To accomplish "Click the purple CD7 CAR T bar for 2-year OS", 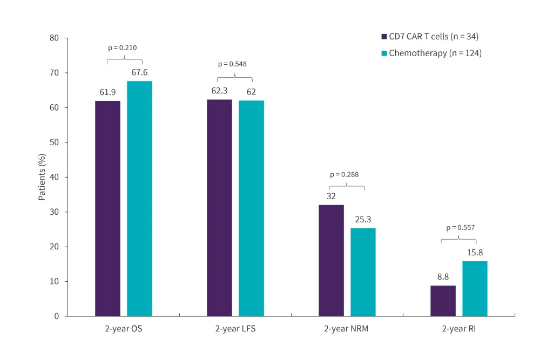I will tap(107, 208).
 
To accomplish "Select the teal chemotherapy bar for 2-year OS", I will tap(139, 198).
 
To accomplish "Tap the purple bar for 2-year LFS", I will tap(219, 207).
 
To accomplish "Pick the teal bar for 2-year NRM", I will tap(363, 271).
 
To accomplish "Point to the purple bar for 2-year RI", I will tap(443, 301).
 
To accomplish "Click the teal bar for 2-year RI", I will tap(475, 288).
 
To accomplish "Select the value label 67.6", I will tap(139, 72).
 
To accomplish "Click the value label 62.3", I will tap(219, 91).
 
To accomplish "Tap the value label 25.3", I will tap(363, 220).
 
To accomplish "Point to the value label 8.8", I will tap(443, 277).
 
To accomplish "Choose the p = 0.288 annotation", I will tap(344, 174).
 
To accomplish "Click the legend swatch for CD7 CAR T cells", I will tap(384, 37).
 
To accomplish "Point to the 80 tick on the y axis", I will tap(55, 38).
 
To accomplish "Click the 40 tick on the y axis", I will tap(55, 177).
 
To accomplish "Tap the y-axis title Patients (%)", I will tap(42, 177).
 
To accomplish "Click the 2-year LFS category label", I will tap(235, 329).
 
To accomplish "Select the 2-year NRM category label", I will tap(347, 329).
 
